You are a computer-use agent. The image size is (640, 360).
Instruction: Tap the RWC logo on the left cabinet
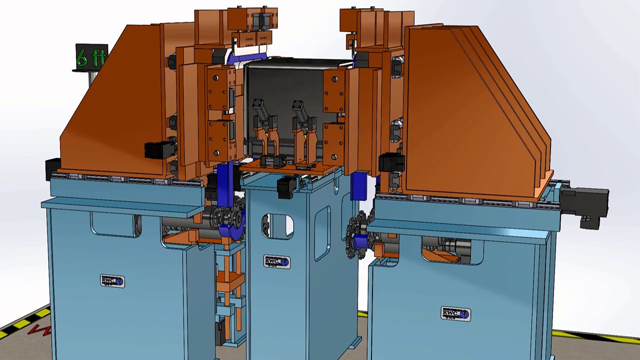[112, 281]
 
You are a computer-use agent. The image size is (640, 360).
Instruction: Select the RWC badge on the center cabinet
[276, 261]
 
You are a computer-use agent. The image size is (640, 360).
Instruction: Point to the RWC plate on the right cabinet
[455, 313]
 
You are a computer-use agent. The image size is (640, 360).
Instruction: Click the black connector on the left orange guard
[158, 149]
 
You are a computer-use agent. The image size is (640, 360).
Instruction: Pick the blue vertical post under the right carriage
[359, 185]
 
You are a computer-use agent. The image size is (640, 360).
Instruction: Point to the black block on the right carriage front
[391, 163]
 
